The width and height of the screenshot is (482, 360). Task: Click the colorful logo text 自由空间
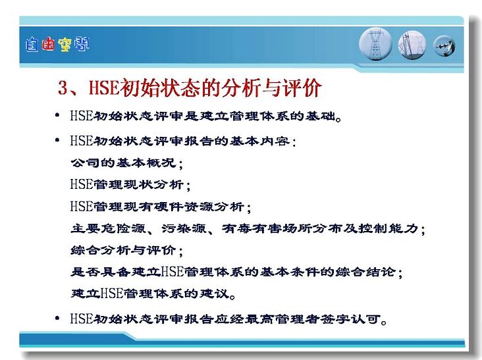(x=57, y=44)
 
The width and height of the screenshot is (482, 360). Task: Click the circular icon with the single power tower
(x=375, y=44)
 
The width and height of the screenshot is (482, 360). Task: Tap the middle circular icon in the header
(x=412, y=45)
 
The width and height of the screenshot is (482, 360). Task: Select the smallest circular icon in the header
(x=444, y=46)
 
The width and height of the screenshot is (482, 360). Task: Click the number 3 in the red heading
(x=63, y=88)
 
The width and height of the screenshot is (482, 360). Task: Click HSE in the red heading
(x=104, y=88)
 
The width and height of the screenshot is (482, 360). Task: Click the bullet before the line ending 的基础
(x=57, y=115)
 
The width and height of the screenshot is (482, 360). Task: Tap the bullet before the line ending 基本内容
(x=57, y=140)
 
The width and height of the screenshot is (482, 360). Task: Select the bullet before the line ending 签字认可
(x=57, y=319)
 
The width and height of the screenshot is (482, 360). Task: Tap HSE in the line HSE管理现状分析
(x=82, y=184)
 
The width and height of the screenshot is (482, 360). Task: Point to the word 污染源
(x=184, y=228)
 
